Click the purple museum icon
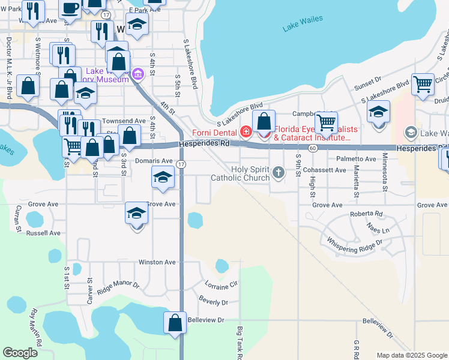[x=139, y=75]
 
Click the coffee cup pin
[x=70, y=8]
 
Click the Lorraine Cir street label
[x=222, y=283]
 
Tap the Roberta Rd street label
[x=366, y=214]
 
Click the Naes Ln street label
[x=378, y=230]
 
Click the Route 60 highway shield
[x=313, y=148]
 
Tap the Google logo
[x=20, y=353]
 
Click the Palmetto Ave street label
[x=356, y=159]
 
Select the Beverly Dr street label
[x=214, y=302]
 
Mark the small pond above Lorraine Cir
[x=221, y=265]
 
